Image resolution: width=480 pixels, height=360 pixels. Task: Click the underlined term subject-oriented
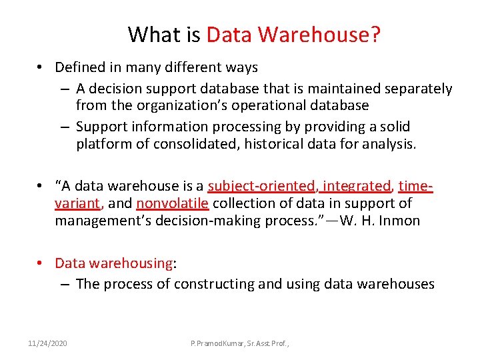tap(262, 186)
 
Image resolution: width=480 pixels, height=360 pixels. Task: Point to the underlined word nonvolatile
tap(173, 203)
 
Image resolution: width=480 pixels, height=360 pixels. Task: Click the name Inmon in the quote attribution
tap(399, 221)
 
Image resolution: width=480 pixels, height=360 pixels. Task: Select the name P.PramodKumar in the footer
tap(219, 343)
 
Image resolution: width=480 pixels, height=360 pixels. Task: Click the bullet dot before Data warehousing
tap(41, 263)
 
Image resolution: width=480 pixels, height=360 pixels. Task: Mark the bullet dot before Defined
tap(41, 67)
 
